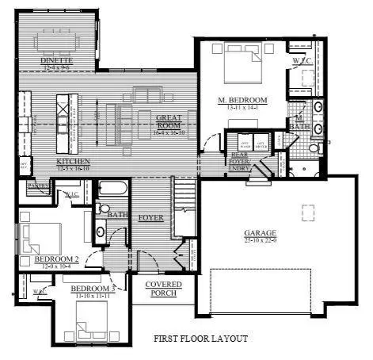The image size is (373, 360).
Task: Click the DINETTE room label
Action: tap(56, 62)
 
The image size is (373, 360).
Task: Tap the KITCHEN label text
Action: tap(74, 162)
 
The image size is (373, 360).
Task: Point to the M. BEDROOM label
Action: tap(242, 101)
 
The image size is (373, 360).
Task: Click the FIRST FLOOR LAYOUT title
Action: tap(200, 339)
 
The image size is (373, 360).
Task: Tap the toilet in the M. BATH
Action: tap(314, 148)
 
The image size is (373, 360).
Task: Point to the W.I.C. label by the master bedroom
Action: tap(300, 60)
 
